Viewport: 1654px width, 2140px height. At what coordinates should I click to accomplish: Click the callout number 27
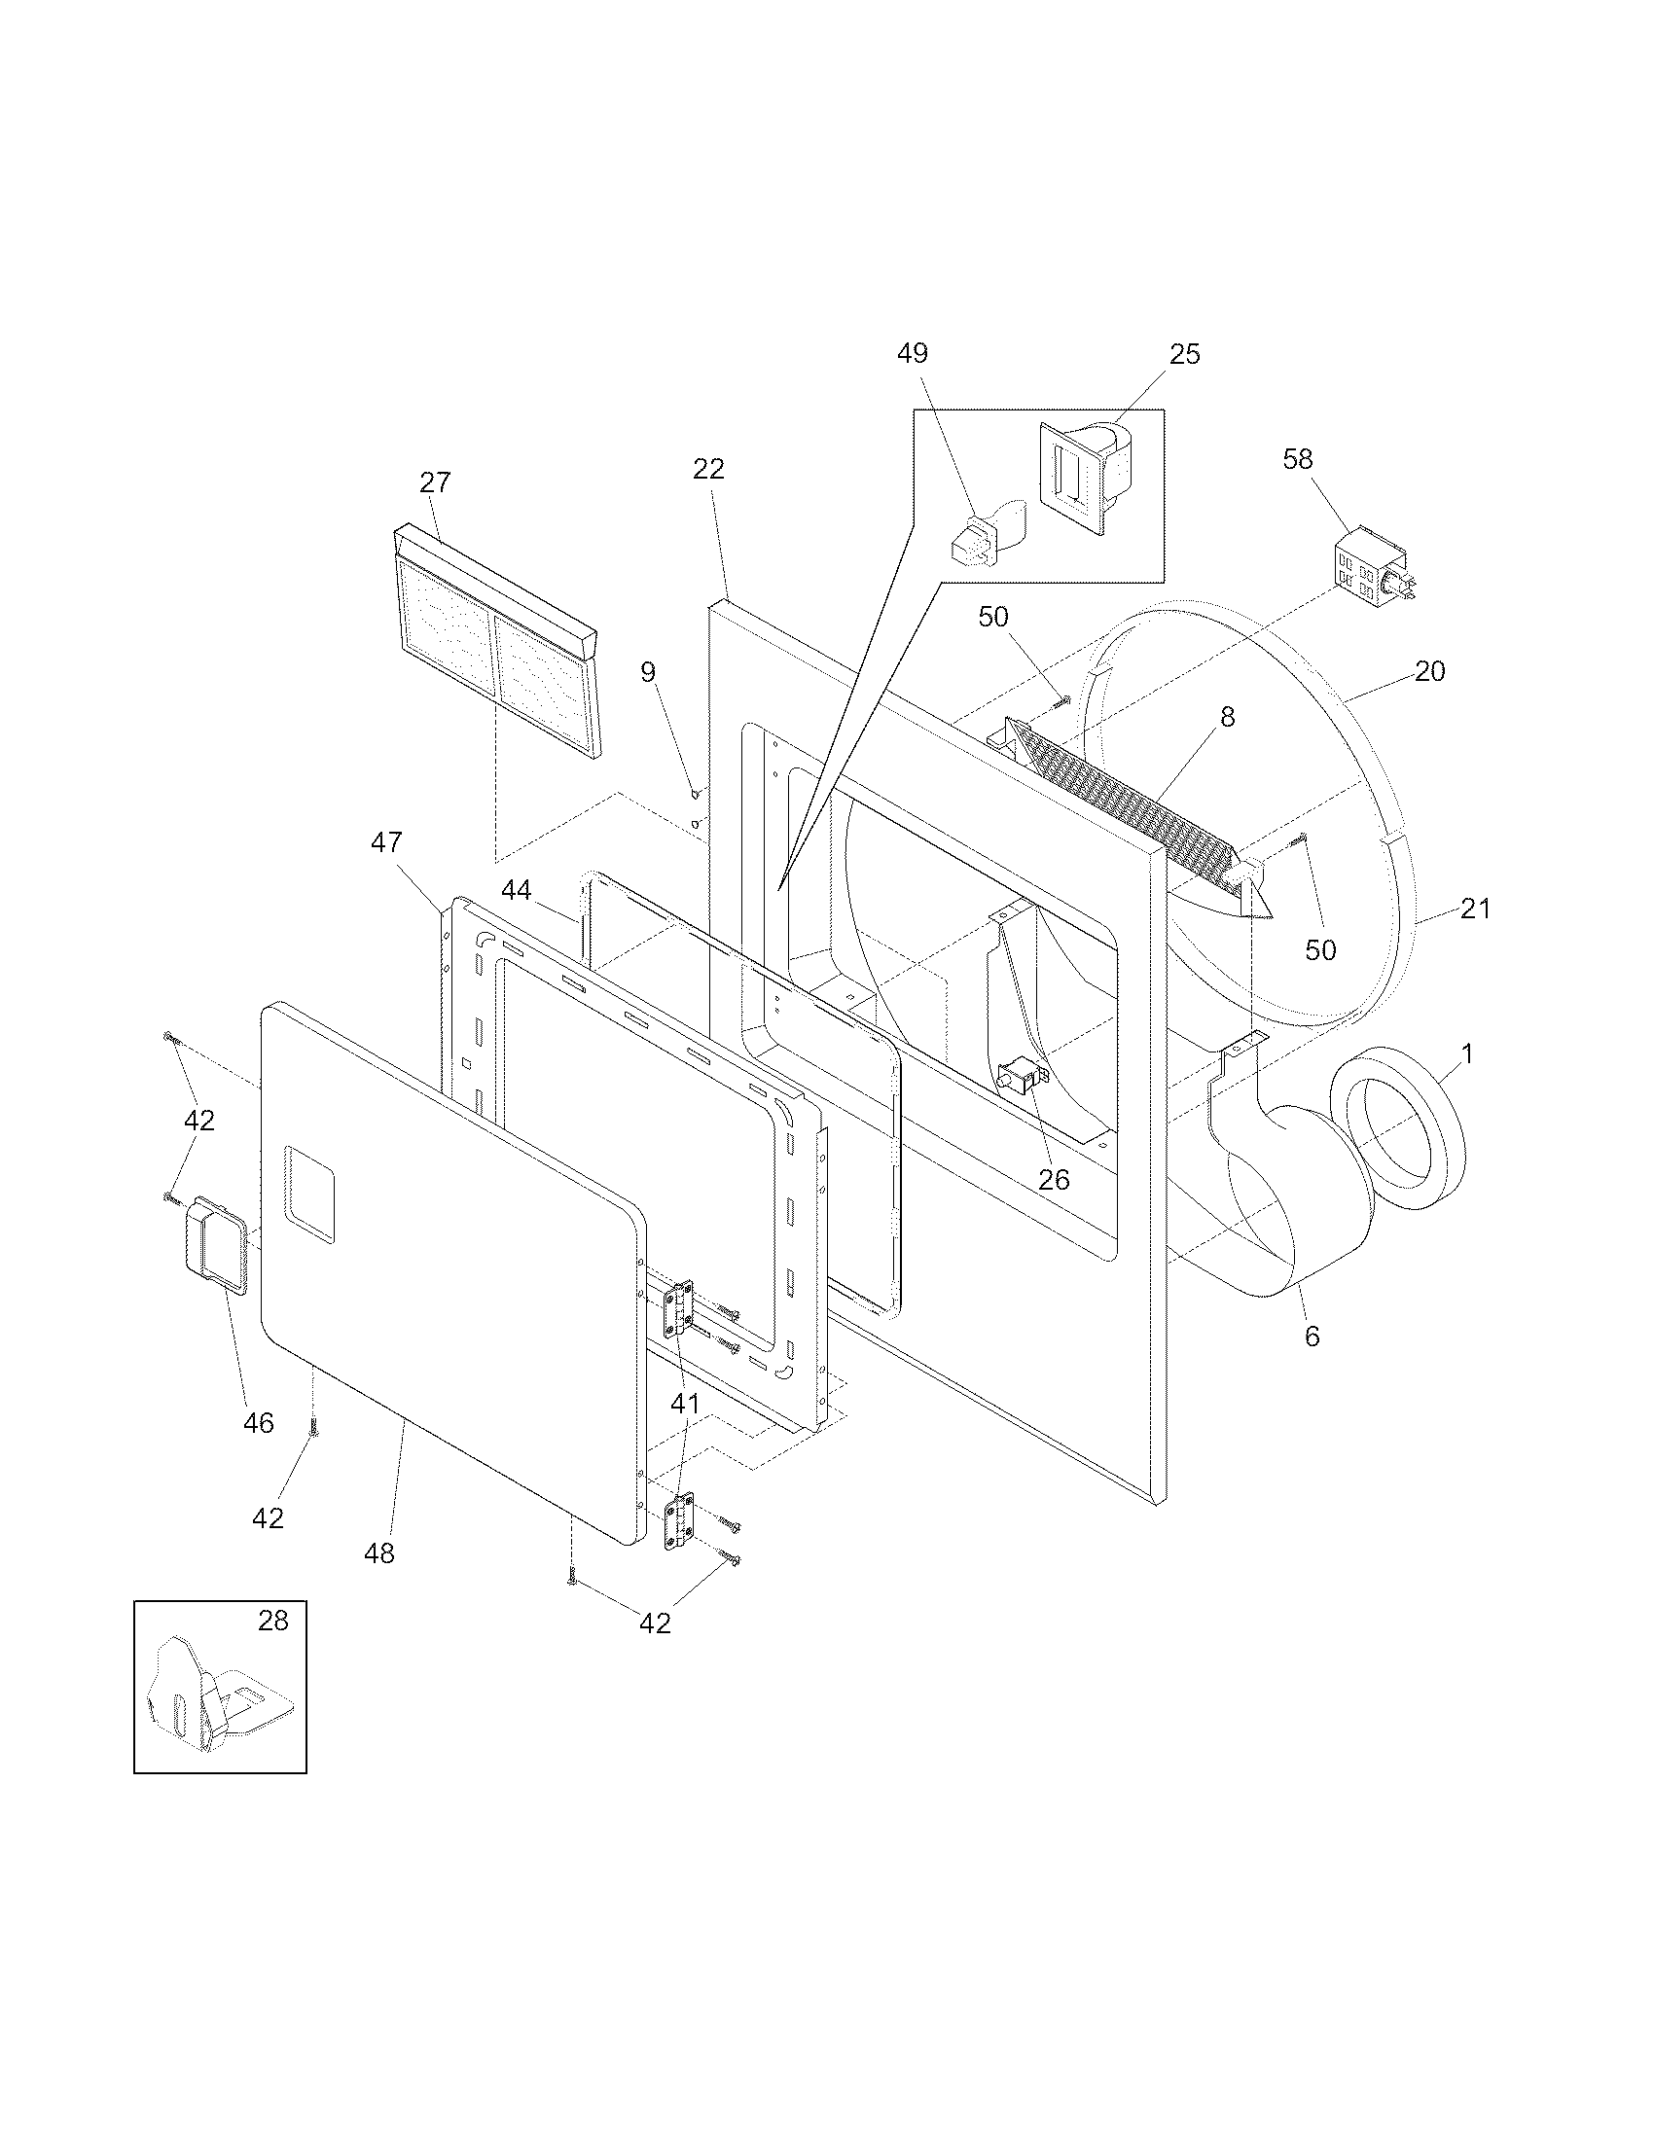click(x=435, y=482)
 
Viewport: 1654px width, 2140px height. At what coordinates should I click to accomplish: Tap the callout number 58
click(x=1297, y=458)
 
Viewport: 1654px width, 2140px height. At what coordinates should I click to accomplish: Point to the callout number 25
click(x=1185, y=354)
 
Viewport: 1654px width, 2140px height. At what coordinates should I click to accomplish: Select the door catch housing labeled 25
click(x=1084, y=479)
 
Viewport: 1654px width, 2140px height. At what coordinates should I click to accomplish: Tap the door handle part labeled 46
click(x=213, y=1241)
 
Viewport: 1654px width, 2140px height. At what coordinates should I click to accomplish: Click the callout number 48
click(x=379, y=1553)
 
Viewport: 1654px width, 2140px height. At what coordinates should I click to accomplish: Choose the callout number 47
click(x=386, y=841)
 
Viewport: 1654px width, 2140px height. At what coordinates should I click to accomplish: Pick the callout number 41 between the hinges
click(x=685, y=1404)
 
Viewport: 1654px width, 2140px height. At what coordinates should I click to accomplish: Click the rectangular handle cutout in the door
click(x=309, y=1195)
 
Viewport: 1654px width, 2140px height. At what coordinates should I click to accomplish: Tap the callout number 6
click(x=1312, y=1337)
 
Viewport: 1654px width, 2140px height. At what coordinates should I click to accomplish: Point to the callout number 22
click(x=708, y=470)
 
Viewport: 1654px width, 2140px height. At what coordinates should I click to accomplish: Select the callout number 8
click(x=1227, y=717)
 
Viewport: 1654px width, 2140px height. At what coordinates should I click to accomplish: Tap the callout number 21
click(x=1475, y=909)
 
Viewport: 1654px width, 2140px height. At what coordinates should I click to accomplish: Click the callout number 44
click(x=517, y=890)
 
